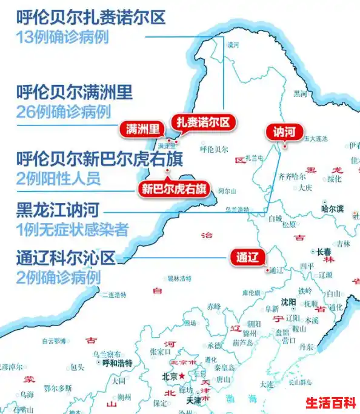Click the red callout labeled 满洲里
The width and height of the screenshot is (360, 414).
[x=143, y=129]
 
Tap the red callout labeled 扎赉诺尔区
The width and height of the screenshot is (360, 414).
[x=203, y=122]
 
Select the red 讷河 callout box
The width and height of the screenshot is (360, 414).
[x=284, y=131]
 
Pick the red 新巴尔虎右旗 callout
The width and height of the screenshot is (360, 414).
[x=173, y=189]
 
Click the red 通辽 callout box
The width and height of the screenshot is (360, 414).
[x=247, y=256]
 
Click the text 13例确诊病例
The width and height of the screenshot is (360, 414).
[x=62, y=36]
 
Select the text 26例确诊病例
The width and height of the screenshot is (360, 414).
[x=64, y=112]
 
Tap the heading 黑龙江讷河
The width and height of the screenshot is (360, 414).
[x=59, y=210]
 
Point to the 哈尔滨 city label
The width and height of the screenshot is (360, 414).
[x=332, y=209]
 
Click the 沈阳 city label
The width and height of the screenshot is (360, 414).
[x=288, y=302]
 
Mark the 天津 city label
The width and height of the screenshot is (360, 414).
[x=193, y=401]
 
